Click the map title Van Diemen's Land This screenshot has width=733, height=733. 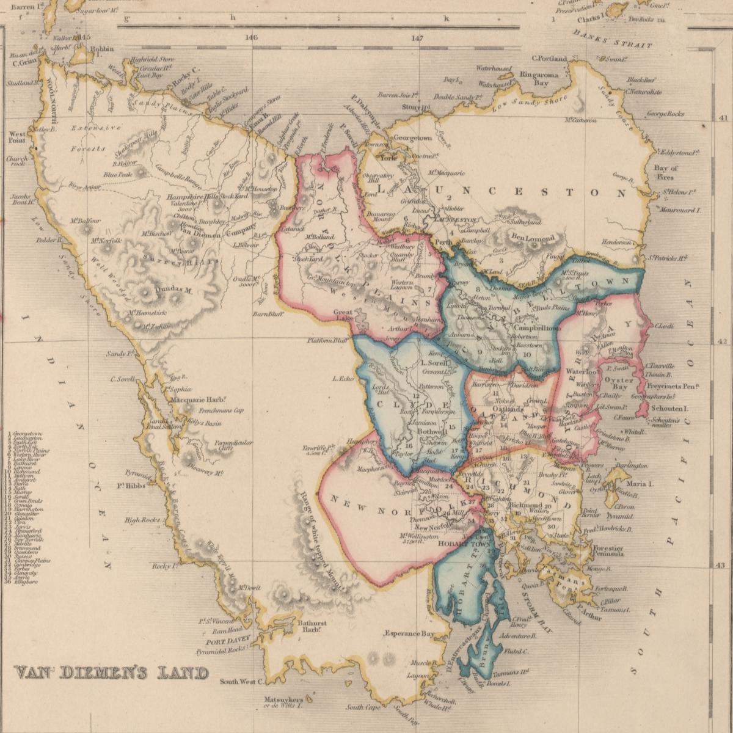111,673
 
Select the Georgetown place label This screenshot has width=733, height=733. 412,138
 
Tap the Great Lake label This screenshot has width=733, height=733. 343,315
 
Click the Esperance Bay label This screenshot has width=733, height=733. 409,633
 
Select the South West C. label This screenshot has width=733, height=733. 241,682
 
